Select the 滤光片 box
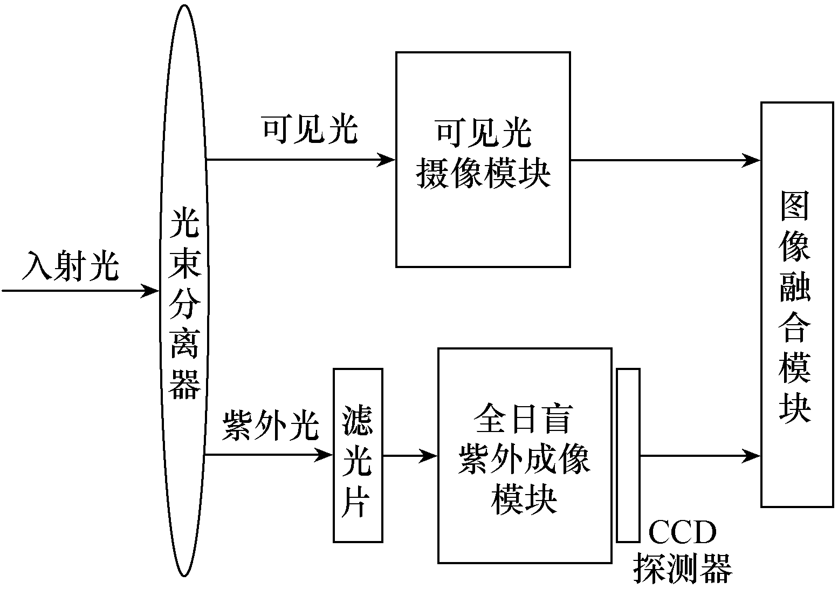tap(358, 455)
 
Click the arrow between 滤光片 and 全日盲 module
tap(410, 456)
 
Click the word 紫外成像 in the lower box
tap(524, 460)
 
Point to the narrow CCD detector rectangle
tap(628, 455)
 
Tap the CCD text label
tap(682, 533)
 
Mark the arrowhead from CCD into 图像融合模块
tap(752, 456)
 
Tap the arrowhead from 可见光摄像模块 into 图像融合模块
tap(752, 160)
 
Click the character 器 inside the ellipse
tap(185, 384)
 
